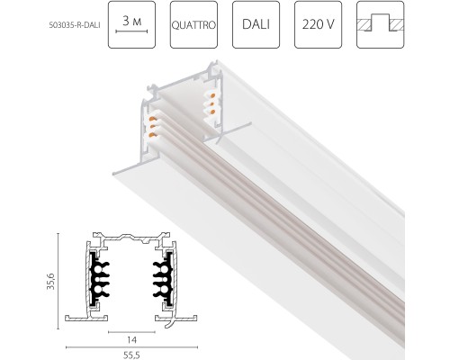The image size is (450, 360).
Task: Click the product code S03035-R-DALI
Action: pos(75,25)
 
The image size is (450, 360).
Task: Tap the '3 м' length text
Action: pos(131,21)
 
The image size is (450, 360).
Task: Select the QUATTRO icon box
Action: pos(193,24)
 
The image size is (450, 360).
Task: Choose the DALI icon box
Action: pos(256,24)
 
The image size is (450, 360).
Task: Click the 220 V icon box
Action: pos(318,24)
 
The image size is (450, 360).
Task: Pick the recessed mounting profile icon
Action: pos(381,24)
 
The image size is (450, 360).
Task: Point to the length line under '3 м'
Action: pos(131,31)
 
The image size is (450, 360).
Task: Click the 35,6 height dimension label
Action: pos(50,281)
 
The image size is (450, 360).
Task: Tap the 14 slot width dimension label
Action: pos(131,340)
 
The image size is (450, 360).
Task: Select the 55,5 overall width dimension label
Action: pos(131,355)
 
